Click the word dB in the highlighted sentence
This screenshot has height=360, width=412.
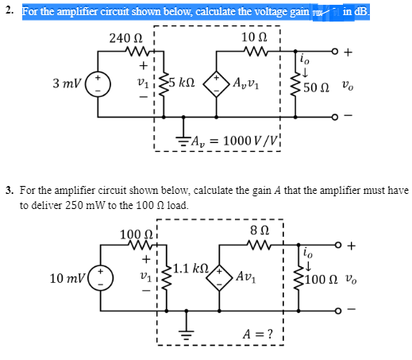coord(369,11)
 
